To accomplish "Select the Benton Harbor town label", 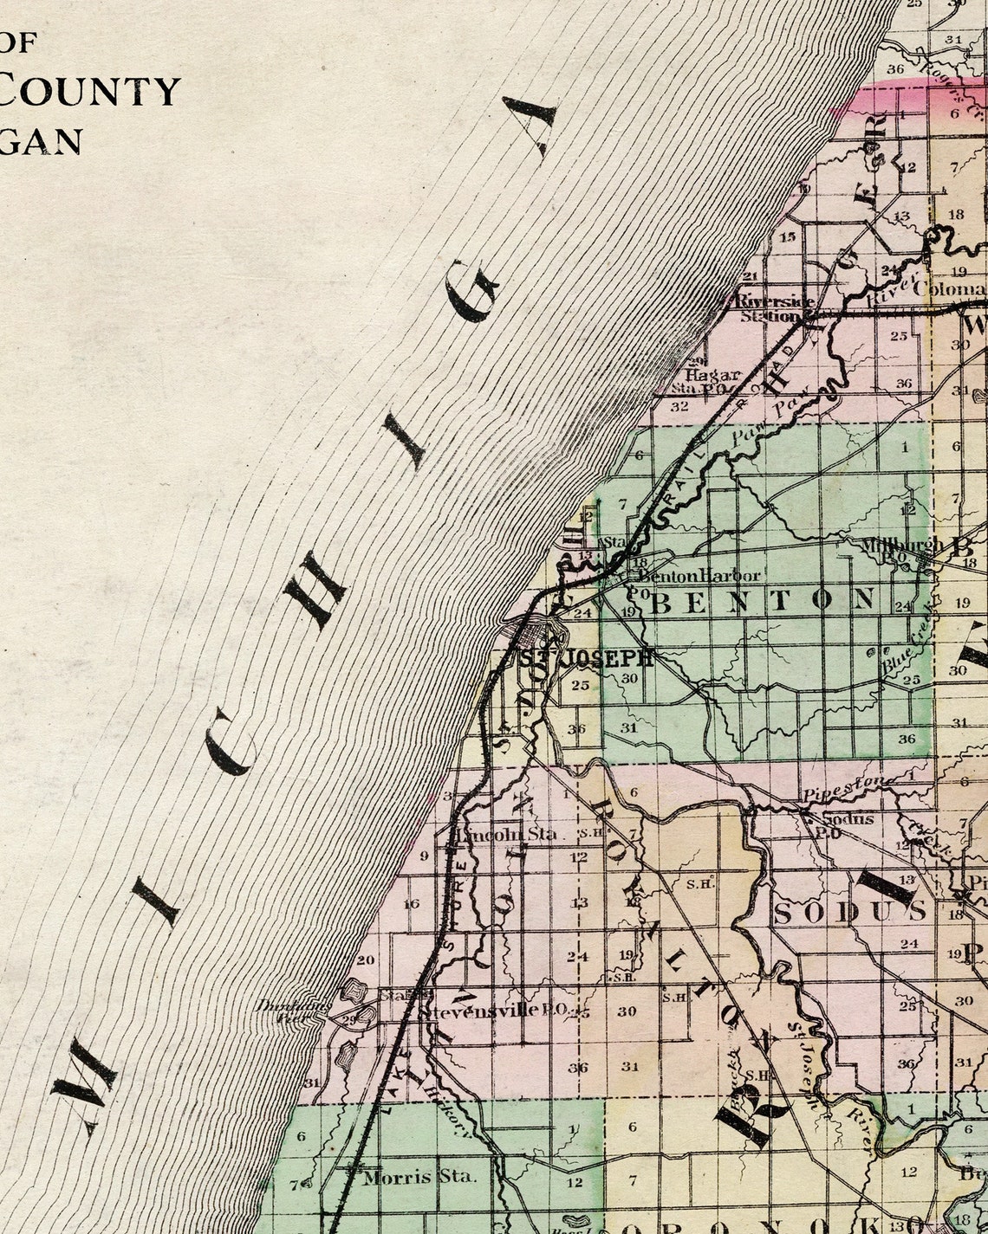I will pyautogui.click(x=699, y=576).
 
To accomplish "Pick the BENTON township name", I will pyautogui.click(x=763, y=600).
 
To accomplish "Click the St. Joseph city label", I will pyautogui.click(x=586, y=658).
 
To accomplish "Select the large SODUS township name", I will pyautogui.click(x=849, y=911).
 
